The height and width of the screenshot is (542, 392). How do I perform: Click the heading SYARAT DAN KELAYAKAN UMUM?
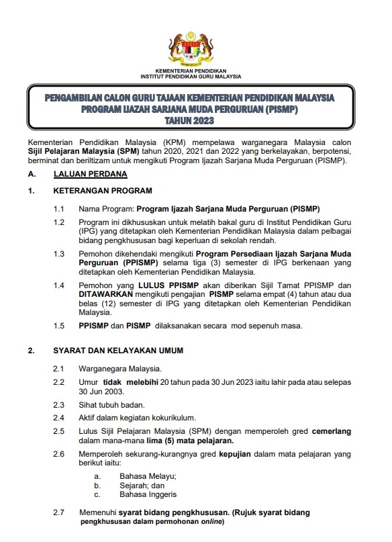coord(117,351)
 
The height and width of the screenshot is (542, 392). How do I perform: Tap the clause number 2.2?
coord(59,382)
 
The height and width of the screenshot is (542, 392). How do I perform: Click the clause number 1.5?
coord(59,326)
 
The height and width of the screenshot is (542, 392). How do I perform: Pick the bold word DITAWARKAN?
coord(104,293)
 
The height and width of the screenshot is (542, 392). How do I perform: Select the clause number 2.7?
coord(59,512)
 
